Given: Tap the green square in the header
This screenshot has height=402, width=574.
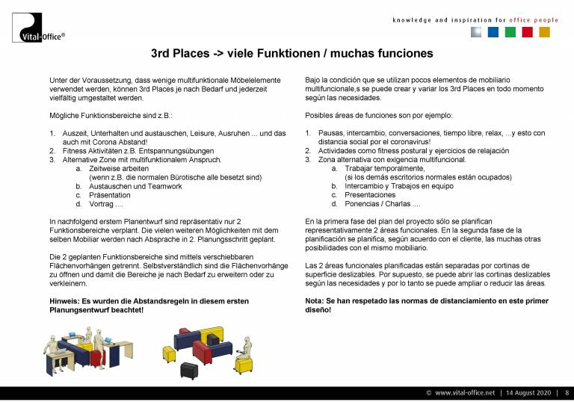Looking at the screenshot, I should (x=510, y=32).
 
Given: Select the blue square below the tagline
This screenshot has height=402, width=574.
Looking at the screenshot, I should (x=493, y=32).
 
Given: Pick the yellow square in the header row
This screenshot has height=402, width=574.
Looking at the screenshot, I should (x=544, y=32).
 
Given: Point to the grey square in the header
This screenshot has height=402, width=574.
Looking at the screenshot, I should (x=475, y=32).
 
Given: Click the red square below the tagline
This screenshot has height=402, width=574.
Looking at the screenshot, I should (x=527, y=32).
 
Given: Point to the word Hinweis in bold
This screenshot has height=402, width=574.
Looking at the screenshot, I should (x=63, y=300).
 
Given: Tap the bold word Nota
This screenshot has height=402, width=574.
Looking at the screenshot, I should (x=314, y=300).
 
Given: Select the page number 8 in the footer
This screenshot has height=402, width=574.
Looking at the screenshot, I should (x=567, y=392).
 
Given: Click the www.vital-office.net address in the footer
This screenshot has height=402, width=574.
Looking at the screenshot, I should (x=465, y=392).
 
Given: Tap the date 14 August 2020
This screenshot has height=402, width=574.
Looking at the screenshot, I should (x=529, y=392).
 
